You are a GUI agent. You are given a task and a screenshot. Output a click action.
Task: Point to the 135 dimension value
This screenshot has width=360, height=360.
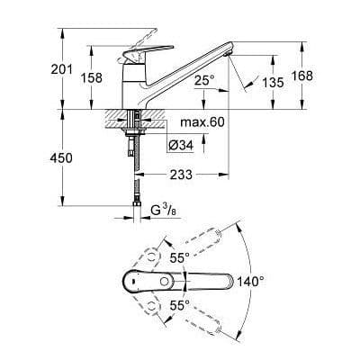pos(273,83)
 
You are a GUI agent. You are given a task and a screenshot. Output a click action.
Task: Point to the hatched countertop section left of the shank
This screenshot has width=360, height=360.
pos(116,117)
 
